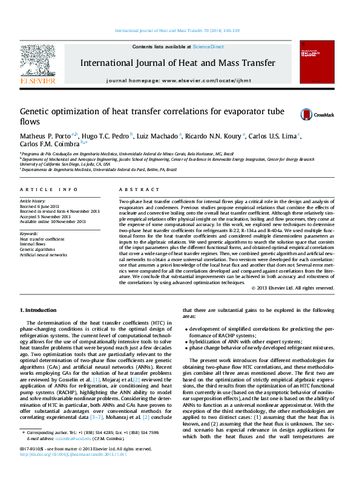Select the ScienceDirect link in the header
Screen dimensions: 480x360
[x=208, y=47]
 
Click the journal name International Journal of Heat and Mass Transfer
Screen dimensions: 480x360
[x=178, y=62]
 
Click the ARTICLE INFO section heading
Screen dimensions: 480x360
[x=49, y=189]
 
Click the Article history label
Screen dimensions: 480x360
[x=34, y=201]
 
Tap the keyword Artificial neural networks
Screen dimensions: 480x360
[x=44, y=255]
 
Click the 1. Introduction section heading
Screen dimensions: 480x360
[x=39, y=310]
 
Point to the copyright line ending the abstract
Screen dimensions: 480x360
[x=292, y=288]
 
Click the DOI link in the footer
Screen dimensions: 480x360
[x=67, y=470]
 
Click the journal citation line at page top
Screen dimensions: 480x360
[x=180, y=30]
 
